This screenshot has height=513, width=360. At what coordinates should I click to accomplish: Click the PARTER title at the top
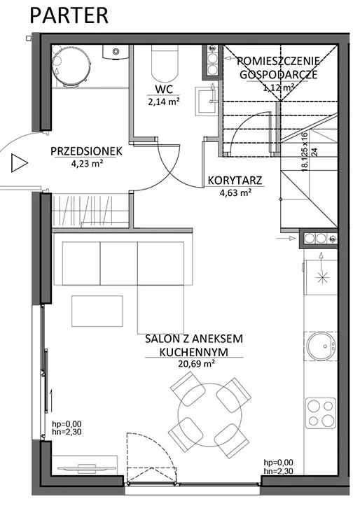69,15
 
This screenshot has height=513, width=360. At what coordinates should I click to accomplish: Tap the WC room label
164,89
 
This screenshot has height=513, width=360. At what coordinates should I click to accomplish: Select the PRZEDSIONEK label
86,151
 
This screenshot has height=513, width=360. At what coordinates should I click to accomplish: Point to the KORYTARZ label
235,181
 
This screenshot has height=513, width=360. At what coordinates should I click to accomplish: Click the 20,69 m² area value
196,363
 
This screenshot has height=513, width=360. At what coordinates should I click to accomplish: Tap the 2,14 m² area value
164,101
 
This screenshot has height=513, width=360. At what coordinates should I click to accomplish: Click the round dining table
210,414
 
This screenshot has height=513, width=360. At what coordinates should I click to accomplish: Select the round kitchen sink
321,346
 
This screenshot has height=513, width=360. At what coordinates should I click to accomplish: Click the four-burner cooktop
321,413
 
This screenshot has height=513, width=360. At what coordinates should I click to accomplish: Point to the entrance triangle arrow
20,162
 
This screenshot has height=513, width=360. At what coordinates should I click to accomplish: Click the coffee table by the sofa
97,311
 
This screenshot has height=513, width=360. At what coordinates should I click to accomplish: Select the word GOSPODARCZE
279,74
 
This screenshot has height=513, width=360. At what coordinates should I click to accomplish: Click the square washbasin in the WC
207,101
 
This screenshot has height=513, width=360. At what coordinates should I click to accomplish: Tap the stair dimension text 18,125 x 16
305,152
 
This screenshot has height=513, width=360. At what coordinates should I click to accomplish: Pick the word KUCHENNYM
194,352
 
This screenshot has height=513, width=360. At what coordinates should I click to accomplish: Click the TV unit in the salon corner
85,465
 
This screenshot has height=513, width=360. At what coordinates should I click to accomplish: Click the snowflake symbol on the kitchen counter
321,278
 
